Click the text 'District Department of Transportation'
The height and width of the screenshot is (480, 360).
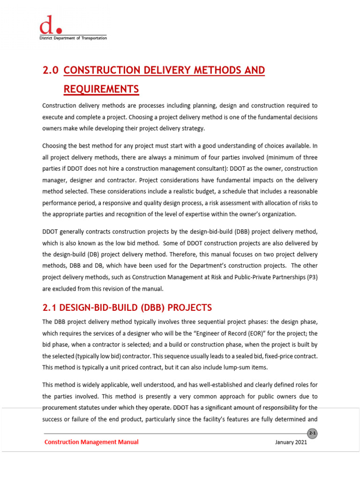pos(73,38)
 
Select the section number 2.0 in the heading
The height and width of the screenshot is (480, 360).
pos(50,70)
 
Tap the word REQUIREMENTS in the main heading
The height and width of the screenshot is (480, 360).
pos(101,89)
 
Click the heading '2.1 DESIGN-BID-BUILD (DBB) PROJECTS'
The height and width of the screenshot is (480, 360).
pos(127,308)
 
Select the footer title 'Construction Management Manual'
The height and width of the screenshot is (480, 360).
pos(91,442)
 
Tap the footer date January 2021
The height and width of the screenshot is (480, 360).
pos(291,442)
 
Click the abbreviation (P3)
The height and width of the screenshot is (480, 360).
pos(309,277)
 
